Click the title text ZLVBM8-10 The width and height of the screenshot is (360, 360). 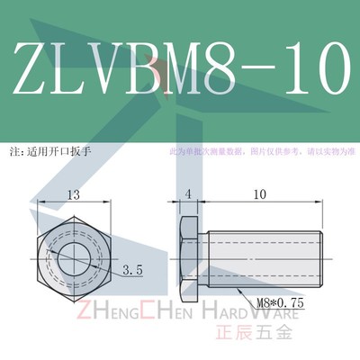pos(180,67)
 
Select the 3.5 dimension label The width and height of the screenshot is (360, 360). pos(134,269)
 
